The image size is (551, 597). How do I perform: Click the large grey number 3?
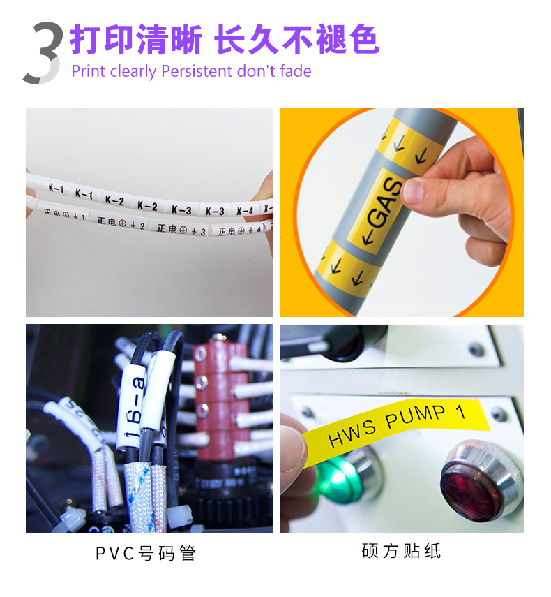[43, 54]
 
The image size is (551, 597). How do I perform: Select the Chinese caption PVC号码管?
[146, 554]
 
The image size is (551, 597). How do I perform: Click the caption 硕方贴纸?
[401, 551]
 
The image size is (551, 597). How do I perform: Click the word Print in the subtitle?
[89, 71]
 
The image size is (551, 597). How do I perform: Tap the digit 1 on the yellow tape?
[460, 412]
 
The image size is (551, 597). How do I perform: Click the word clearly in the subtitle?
[134, 71]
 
